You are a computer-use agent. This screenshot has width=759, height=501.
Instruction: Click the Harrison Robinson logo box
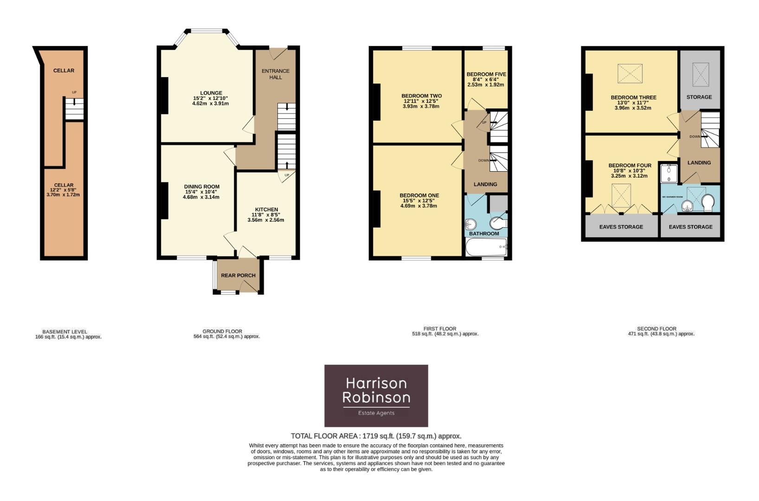coord(376,395)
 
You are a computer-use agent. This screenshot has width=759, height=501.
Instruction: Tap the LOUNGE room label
coord(211,93)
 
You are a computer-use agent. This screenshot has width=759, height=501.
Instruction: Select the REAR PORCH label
coord(238,275)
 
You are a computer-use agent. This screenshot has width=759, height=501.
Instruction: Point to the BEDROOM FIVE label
coord(486,74)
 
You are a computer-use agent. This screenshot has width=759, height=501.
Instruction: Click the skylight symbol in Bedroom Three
coord(630,74)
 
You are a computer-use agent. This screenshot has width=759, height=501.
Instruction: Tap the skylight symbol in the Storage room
coord(701,74)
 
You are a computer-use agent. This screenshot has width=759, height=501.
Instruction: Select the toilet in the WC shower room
coord(708,203)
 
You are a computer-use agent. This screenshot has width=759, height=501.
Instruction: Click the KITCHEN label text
coord(266,210)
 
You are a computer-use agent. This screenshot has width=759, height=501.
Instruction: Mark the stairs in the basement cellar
coord(74,109)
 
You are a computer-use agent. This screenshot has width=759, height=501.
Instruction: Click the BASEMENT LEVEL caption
coord(64,332)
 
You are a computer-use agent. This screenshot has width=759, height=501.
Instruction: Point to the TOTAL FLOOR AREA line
coord(376,436)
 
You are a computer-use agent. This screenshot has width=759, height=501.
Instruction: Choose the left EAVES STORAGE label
coord(621,227)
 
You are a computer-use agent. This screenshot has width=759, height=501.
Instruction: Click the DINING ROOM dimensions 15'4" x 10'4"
coord(201,192)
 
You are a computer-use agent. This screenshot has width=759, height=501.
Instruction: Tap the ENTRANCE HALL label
coord(276,74)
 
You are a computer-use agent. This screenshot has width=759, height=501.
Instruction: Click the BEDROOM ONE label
coord(419,195)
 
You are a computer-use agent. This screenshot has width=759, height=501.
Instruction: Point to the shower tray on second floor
coord(669,173)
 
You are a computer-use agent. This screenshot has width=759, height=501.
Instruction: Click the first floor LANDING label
coord(485,184)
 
